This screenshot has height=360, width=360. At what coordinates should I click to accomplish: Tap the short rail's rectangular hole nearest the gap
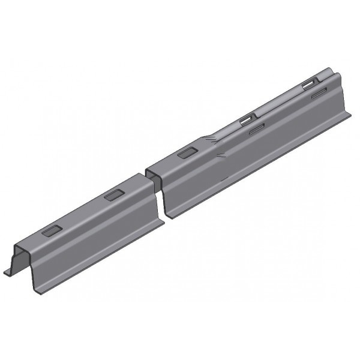click(x=112, y=195)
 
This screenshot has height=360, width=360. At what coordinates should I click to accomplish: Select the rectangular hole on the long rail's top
click(x=187, y=154)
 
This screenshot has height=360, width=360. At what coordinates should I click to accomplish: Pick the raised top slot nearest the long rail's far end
click(x=310, y=82)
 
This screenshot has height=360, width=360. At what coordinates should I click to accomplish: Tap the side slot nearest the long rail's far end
click(x=319, y=92)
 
